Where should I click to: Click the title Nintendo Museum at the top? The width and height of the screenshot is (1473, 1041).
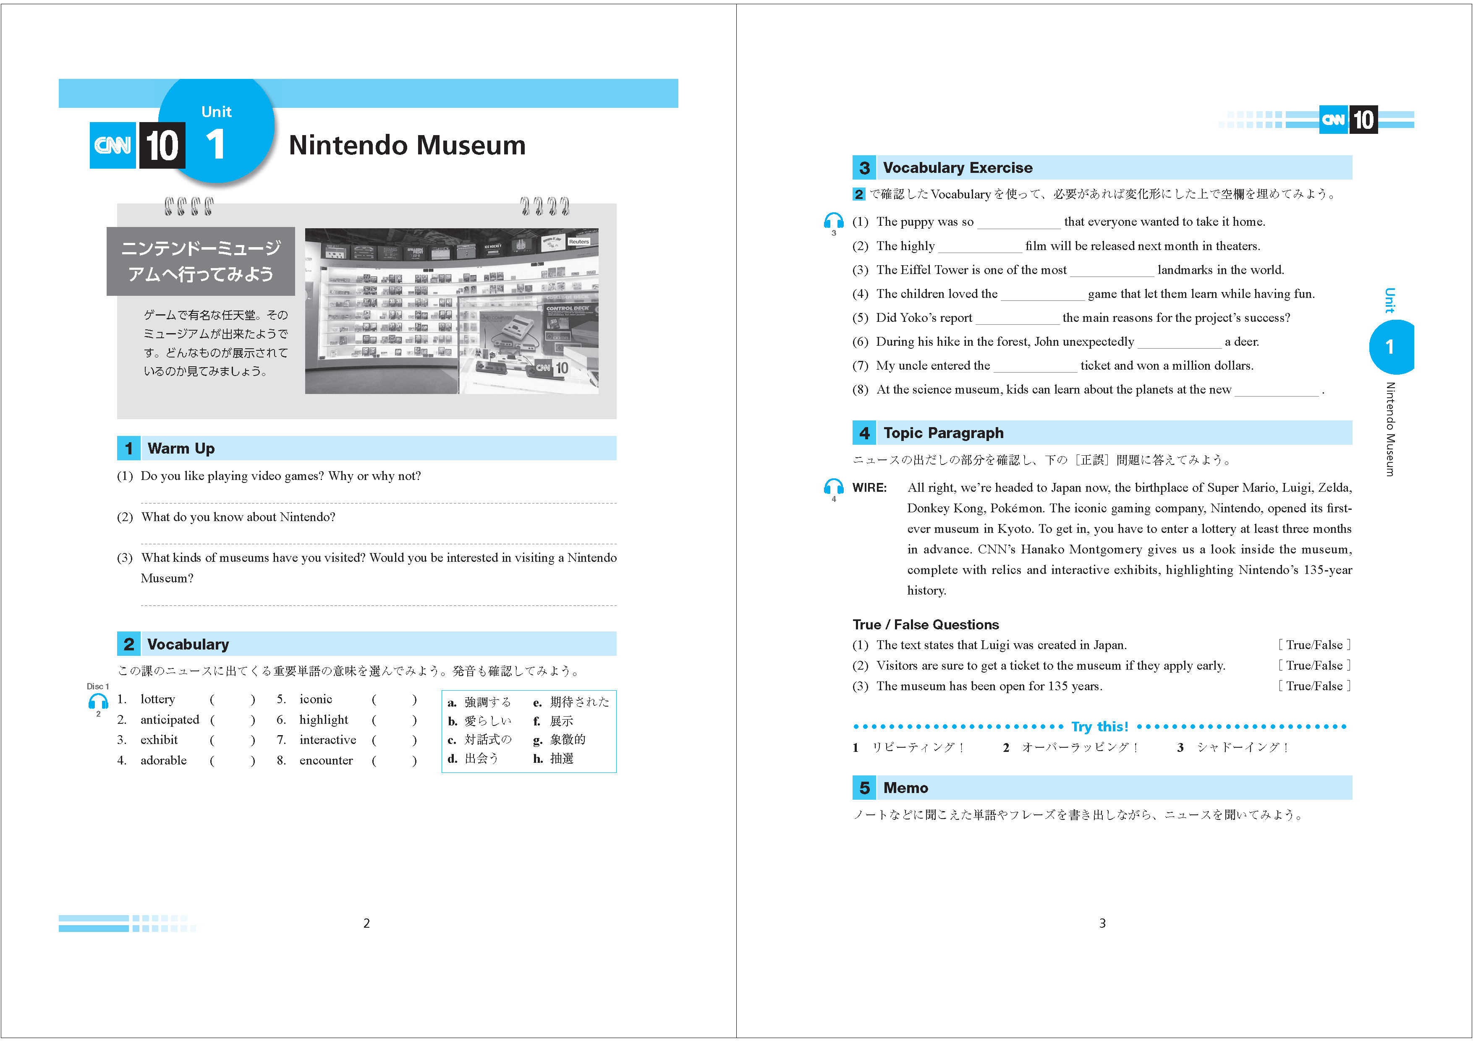407,145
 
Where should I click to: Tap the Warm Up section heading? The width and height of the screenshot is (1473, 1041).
181,449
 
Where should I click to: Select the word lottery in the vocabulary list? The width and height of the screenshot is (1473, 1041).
157,699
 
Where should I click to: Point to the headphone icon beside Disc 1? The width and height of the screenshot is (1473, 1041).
98,701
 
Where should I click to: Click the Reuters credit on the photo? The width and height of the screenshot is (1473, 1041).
579,242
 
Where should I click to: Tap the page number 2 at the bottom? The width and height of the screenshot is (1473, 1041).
366,923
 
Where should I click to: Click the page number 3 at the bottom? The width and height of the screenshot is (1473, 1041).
1102,923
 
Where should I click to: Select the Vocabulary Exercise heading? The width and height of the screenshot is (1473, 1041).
957,168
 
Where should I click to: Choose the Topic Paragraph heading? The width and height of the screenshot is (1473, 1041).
943,433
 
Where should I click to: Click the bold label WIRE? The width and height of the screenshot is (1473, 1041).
869,488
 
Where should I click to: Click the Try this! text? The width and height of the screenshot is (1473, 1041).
1100,727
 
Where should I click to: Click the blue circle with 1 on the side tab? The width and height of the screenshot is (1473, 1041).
1389,347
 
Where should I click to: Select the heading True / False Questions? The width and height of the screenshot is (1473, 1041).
925,625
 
